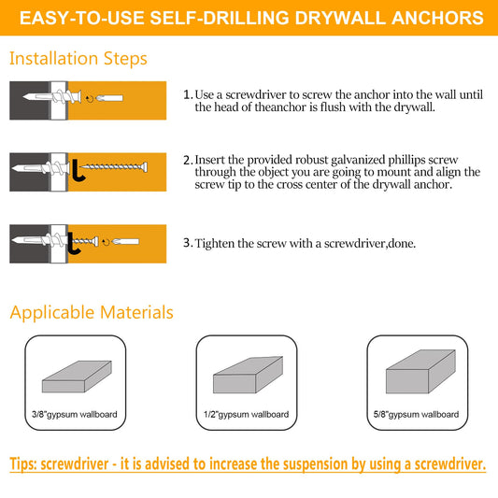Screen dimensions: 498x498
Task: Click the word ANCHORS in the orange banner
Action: [x=437, y=18]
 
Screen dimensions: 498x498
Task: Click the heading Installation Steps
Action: [x=78, y=59]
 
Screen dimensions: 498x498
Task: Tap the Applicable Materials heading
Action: [x=92, y=312]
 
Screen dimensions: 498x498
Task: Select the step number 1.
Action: [x=188, y=94]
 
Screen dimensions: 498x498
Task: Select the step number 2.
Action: [x=188, y=160]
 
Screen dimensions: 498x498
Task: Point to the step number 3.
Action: [x=188, y=243]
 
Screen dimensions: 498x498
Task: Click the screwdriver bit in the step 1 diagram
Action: [x=109, y=98]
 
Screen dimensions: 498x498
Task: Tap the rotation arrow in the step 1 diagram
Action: [x=90, y=99]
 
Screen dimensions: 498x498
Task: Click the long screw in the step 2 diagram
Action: [x=114, y=166]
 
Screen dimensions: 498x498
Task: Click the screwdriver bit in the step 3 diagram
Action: [x=125, y=242]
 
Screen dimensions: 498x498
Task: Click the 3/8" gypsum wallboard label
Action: [x=75, y=415]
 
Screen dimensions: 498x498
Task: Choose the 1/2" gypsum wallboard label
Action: [x=246, y=415]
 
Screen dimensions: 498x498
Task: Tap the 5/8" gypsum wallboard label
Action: [x=416, y=415]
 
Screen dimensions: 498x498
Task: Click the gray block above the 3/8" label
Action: [x=77, y=377]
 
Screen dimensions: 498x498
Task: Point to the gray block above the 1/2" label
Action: [x=248, y=375]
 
